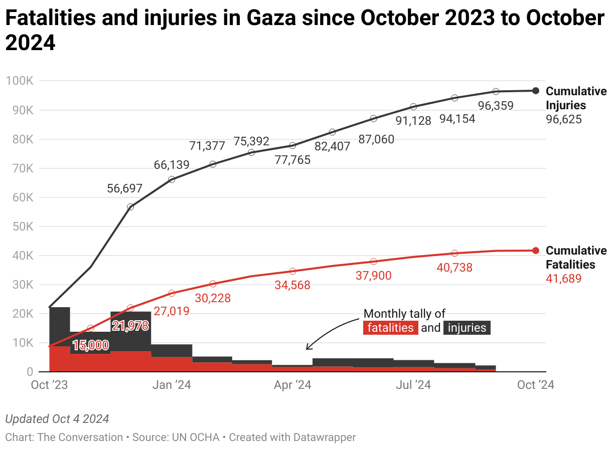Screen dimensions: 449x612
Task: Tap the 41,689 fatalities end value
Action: coord(563,279)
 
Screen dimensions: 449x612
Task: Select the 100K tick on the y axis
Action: coord(20,81)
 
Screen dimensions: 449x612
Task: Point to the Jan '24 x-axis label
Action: coord(172,385)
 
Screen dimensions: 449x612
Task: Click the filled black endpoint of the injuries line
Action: coord(536,91)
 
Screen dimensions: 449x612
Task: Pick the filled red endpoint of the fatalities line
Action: coord(536,251)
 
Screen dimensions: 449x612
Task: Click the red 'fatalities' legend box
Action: coord(391,328)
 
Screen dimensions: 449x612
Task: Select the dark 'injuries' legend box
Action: coord(467,328)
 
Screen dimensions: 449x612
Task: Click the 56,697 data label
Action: coord(125,188)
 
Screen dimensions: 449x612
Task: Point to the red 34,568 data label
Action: coord(292,285)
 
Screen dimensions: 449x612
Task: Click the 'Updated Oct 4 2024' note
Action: coord(57,419)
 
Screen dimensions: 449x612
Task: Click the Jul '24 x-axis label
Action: coord(413,385)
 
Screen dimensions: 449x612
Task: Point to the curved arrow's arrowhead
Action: coord(307,348)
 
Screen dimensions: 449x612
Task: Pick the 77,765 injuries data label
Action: coord(292,160)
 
